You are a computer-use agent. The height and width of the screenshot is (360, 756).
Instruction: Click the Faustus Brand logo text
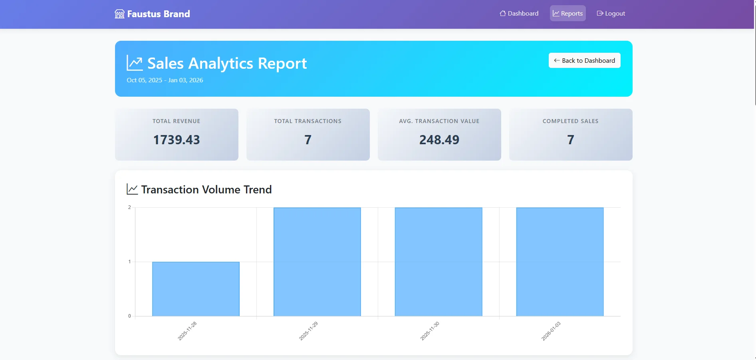pos(158,14)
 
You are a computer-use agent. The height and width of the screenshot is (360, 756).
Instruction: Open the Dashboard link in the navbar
pos(519,14)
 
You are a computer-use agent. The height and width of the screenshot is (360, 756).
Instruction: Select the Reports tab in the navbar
pos(567,14)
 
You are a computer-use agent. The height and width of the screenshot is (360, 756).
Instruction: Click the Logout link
pos(611,14)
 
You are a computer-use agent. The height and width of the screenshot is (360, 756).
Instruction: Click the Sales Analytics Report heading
pos(227,64)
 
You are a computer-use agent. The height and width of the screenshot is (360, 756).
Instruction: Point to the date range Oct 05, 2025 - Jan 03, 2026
pos(165,80)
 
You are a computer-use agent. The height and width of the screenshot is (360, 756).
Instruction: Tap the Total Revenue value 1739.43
pos(177,140)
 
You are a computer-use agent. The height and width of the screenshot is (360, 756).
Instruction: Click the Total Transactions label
pos(308,121)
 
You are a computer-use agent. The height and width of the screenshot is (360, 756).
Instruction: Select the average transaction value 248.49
pos(439,140)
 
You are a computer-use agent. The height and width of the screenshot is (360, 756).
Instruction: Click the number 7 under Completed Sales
pos(570,140)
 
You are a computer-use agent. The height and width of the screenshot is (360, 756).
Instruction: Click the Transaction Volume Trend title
pos(206,189)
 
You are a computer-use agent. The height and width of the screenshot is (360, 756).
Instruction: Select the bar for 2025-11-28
pos(196,289)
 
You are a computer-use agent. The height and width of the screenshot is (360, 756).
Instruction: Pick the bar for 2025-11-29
pos(317,262)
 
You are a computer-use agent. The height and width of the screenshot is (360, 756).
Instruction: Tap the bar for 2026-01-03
pos(560,262)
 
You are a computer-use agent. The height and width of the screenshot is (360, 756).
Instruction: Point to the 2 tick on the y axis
pos(129,207)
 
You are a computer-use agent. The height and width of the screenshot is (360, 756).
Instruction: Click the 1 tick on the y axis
pos(129,262)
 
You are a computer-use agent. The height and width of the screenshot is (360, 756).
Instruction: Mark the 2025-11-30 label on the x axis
pos(430,331)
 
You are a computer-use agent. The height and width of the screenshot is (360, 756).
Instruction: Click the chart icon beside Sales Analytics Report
pos(135,63)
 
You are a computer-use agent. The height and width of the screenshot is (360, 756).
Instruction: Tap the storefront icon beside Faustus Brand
pos(119,14)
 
